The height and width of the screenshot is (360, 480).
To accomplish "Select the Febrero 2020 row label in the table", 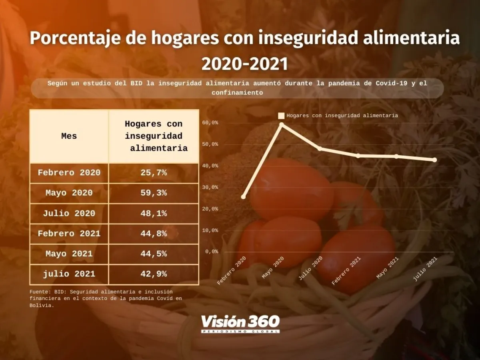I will pyautogui.click(x=69, y=173).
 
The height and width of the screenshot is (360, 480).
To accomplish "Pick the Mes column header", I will pyautogui.click(x=69, y=136).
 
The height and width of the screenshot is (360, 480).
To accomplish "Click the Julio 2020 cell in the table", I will pyautogui.click(x=69, y=214).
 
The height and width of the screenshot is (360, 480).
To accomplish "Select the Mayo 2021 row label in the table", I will pyautogui.click(x=69, y=254).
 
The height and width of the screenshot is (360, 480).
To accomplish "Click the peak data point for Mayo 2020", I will pyautogui.click(x=282, y=125).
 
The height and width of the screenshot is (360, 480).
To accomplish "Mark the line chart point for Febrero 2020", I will pyautogui.click(x=243, y=197).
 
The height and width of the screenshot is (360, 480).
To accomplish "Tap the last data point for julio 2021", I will pyautogui.click(x=435, y=160).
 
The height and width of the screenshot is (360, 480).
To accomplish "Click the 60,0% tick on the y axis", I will pyautogui.click(x=210, y=123).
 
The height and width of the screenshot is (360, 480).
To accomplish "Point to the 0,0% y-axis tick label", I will pyautogui.click(x=212, y=252).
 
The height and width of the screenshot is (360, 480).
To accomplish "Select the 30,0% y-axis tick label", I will pyautogui.click(x=210, y=187).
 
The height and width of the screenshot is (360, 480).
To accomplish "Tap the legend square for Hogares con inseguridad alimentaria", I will pyautogui.click(x=281, y=116).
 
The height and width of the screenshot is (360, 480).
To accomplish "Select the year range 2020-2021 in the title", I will pyautogui.click(x=244, y=64).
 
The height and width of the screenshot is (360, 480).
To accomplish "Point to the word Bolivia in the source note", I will pyautogui.click(x=42, y=305).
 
